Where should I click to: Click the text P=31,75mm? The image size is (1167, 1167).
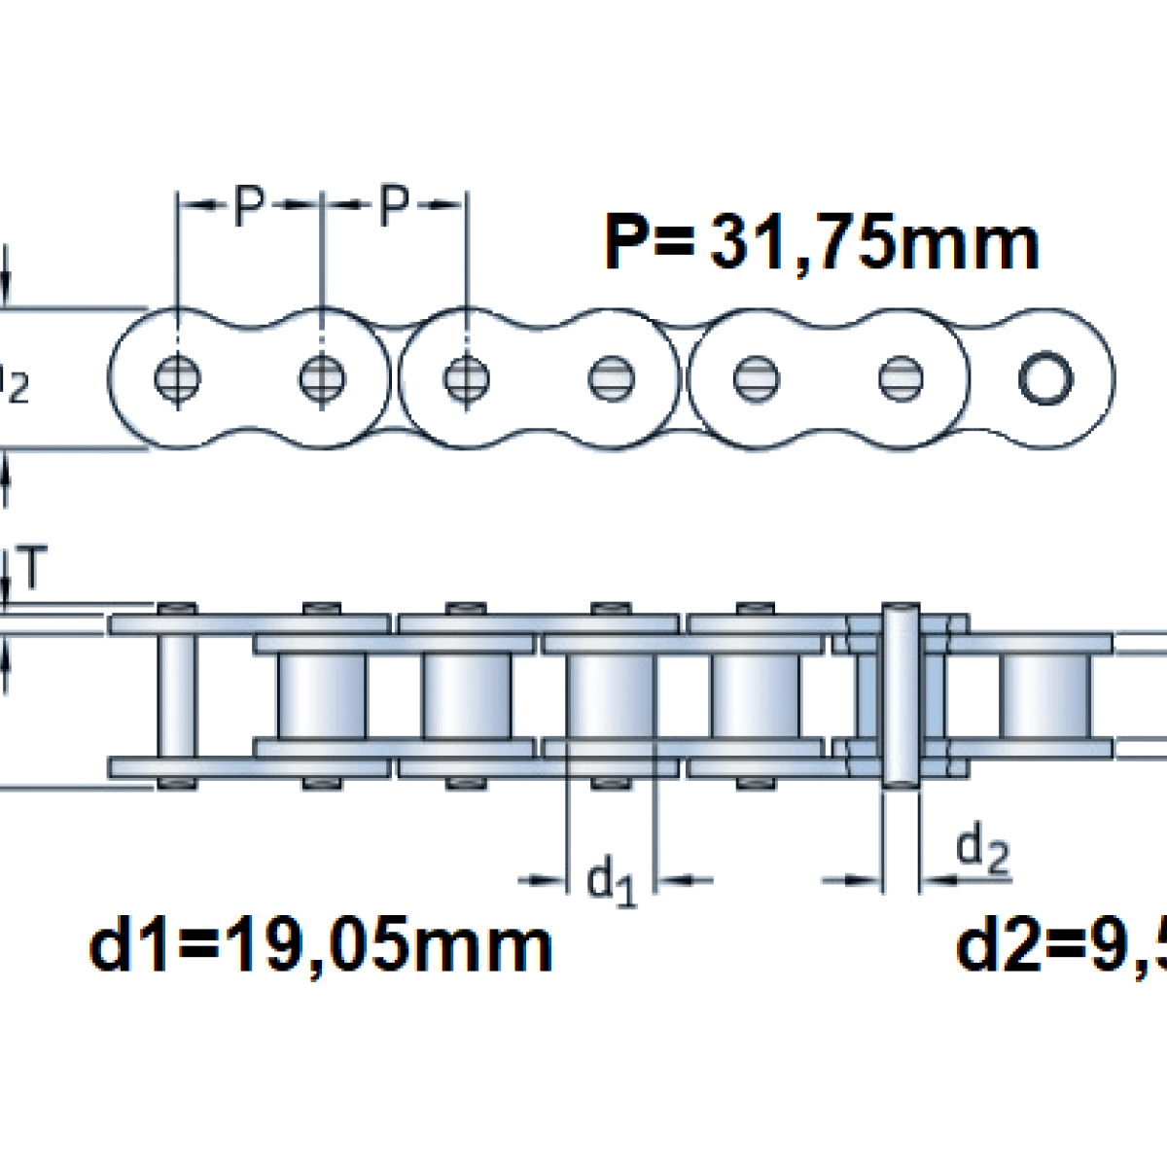[822, 242]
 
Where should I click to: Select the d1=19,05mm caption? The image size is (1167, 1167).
[321, 946]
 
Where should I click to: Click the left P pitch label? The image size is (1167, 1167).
[249, 205]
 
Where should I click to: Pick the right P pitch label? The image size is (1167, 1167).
[392, 205]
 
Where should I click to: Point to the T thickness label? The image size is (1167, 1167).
[31, 571]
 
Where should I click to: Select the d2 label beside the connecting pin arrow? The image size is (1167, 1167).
[983, 852]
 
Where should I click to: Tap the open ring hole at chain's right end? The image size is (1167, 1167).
[1045, 377]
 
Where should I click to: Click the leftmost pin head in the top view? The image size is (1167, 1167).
[178, 377]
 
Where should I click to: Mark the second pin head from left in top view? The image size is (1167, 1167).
[322, 377]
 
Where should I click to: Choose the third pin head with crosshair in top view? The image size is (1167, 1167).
[466, 377]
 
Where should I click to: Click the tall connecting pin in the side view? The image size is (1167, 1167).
[900, 694]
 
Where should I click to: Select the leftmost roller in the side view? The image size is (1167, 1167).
[322, 694]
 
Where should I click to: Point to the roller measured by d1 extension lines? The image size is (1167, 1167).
[611, 694]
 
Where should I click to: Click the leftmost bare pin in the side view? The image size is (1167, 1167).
[177, 694]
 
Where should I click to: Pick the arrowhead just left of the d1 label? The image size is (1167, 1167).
[553, 881]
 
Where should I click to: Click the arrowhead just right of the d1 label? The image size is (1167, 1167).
[671, 881]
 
